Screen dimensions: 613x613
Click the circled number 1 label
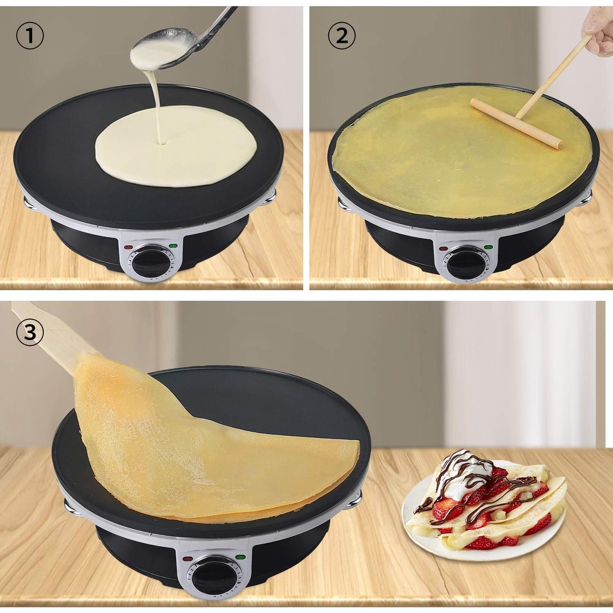pyautogui.click(x=30, y=36)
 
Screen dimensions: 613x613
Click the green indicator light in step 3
pyautogui.click(x=239, y=557)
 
